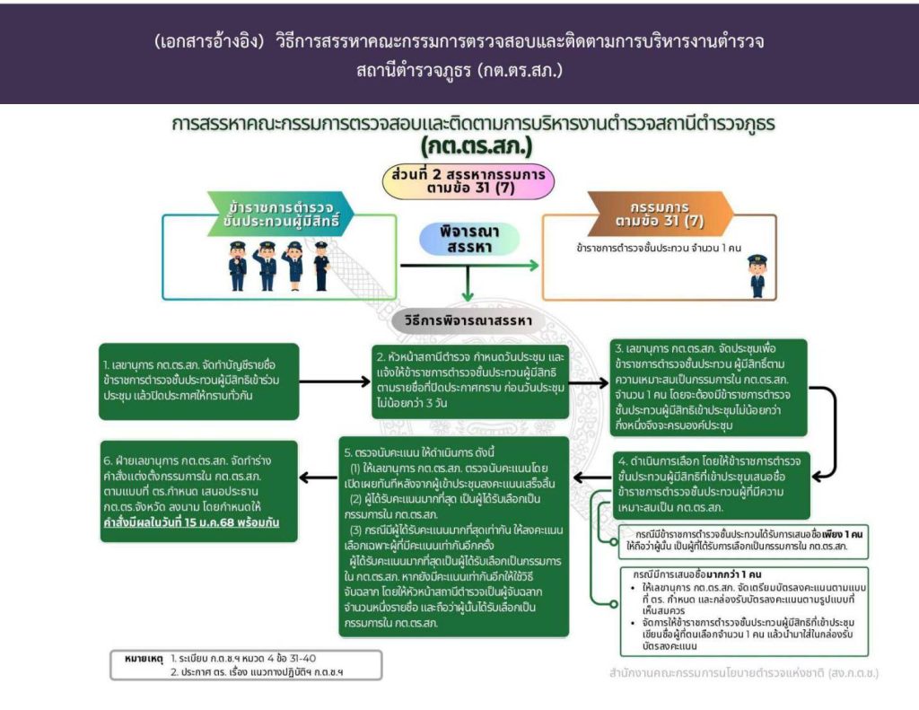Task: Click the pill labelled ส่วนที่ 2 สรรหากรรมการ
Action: [468, 181]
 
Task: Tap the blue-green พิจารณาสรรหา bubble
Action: [468, 239]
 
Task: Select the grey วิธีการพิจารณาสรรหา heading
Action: [468, 320]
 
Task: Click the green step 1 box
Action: [199, 381]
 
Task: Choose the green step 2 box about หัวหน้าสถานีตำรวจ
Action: [470, 381]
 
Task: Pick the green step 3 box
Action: [709, 388]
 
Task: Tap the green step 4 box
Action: [712, 485]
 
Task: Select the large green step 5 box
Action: [453, 537]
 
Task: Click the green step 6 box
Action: [199, 491]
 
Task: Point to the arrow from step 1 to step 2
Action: [335, 381]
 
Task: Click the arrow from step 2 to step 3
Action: [589, 383]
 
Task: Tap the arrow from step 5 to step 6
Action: [319, 478]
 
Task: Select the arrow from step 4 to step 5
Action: [592, 478]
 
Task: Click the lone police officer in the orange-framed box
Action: [757, 276]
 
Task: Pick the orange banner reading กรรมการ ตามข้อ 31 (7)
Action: [661, 214]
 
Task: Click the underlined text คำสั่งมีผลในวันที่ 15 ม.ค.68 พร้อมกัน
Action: [192, 522]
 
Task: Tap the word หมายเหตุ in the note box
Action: [144, 659]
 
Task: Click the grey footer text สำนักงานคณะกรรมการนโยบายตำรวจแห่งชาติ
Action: [744, 672]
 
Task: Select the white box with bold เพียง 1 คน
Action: [743, 541]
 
